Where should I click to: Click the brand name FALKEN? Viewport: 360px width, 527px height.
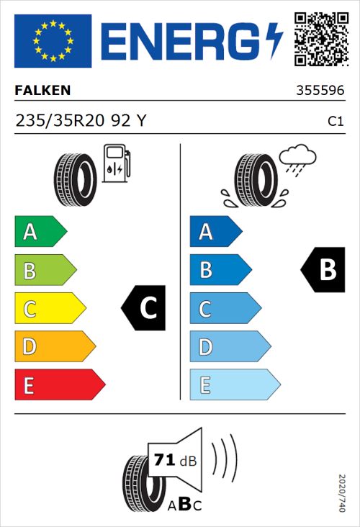point(42,91)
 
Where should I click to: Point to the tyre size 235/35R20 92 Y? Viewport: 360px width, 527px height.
point(80,122)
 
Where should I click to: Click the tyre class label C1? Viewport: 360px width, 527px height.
point(335,122)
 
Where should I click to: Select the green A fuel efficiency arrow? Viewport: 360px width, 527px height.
point(40,232)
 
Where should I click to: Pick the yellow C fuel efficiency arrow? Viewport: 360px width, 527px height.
point(49,309)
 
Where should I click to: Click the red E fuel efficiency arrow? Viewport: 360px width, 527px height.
point(59,385)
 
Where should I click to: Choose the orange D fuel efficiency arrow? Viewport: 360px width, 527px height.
point(54,347)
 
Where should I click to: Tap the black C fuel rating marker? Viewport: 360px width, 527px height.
point(144,308)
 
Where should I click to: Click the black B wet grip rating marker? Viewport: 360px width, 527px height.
point(321,270)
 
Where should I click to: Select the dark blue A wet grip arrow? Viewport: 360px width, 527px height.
point(215,232)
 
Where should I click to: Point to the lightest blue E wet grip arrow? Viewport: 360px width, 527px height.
point(234,385)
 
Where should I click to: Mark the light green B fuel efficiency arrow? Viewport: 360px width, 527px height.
point(45,271)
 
